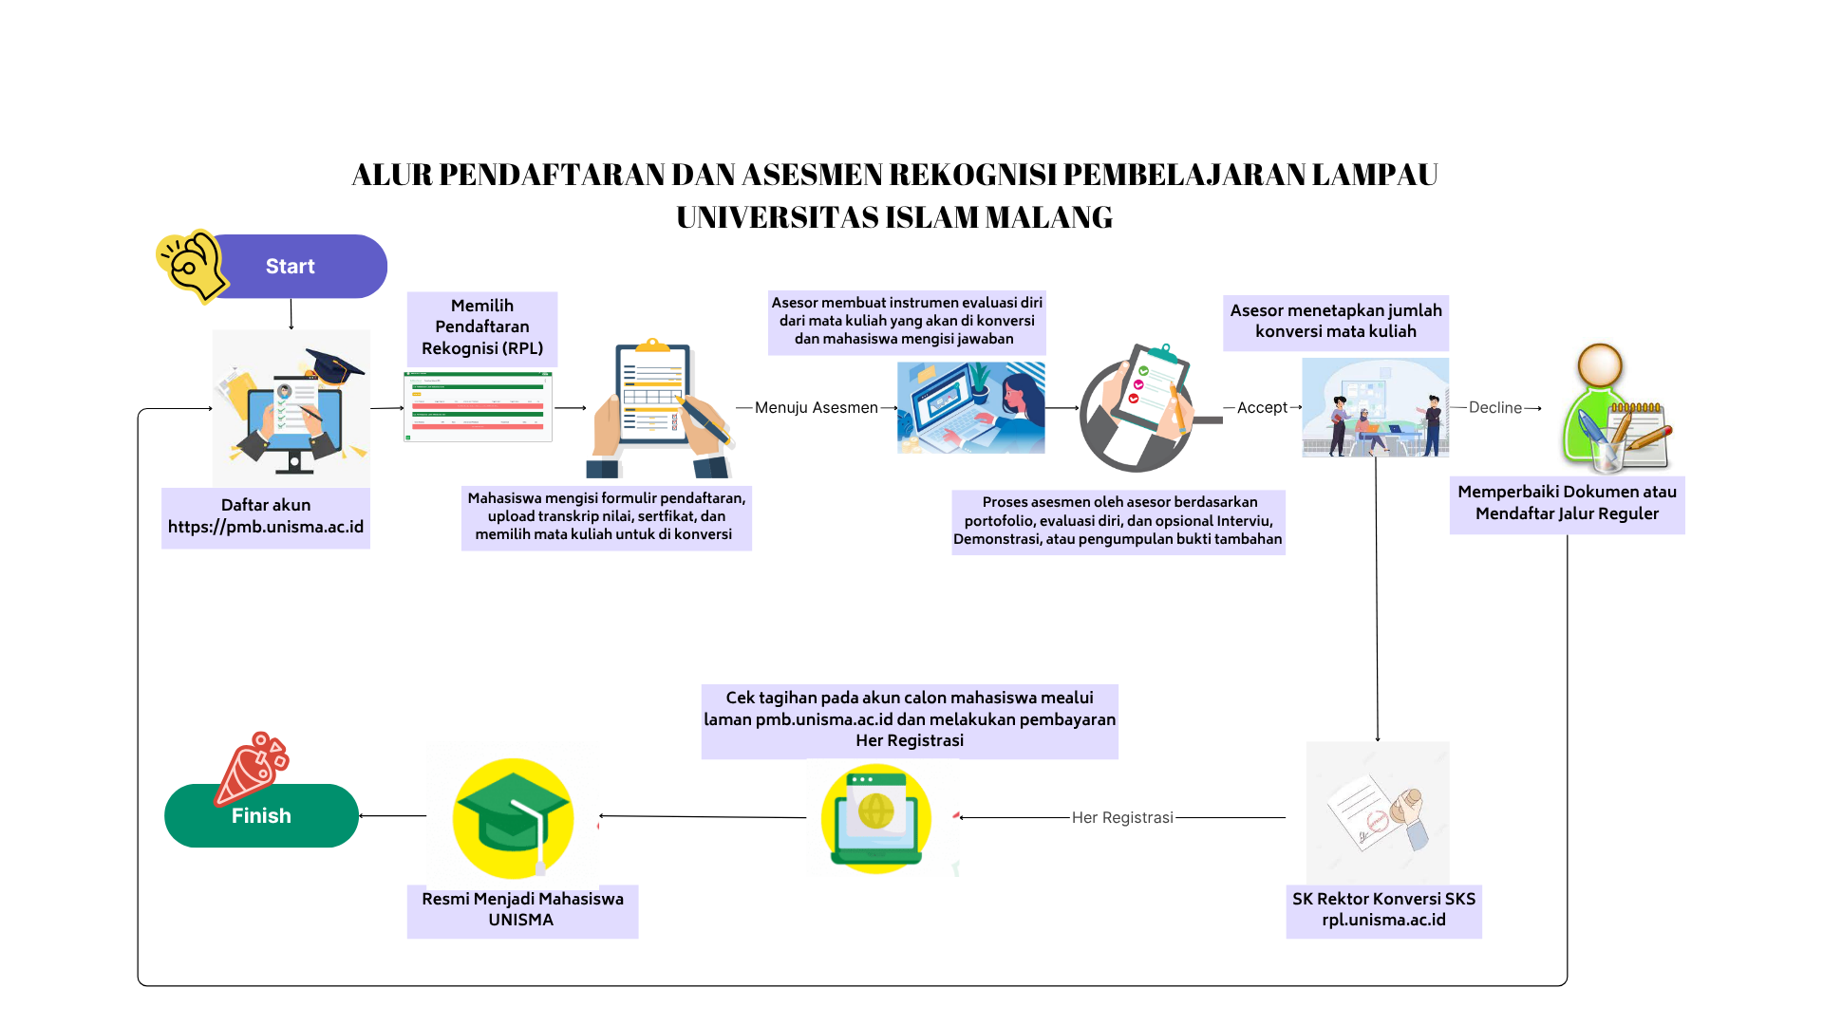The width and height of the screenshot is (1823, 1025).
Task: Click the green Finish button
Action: click(x=261, y=815)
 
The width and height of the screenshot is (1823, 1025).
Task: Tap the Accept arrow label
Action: click(x=1262, y=407)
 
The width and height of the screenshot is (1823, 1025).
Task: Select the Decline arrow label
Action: click(x=1494, y=407)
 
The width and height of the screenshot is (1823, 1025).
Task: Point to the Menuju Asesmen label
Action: click(x=816, y=407)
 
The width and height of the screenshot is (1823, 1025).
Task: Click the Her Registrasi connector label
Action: click(x=1122, y=817)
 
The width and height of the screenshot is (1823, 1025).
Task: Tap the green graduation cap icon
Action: click(x=514, y=817)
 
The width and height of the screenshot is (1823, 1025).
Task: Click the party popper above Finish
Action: click(x=252, y=768)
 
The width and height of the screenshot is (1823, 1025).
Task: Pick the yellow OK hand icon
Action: click(x=192, y=265)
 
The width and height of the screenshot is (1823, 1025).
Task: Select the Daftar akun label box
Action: click(x=266, y=517)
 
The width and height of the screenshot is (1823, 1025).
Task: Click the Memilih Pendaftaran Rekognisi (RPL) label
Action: click(x=482, y=327)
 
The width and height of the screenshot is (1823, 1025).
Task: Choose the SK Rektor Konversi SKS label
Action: click(x=1383, y=910)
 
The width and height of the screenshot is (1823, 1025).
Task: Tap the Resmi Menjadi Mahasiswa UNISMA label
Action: click(x=522, y=910)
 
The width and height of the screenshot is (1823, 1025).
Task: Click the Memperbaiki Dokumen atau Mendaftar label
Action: click(x=1567, y=504)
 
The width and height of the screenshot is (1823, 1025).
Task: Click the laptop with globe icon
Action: click(x=876, y=818)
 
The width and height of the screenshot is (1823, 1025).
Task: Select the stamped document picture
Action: click(x=1378, y=813)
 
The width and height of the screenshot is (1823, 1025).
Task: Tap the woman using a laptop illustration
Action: click(x=971, y=407)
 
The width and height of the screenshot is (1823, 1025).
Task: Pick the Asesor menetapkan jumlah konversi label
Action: click(x=1336, y=322)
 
